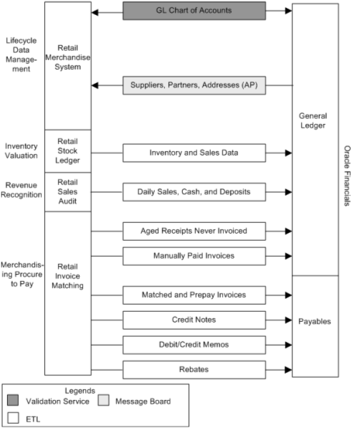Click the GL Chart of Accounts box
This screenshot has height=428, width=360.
(194, 11)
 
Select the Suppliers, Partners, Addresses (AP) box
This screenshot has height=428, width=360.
(194, 85)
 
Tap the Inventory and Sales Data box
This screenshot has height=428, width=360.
(194, 152)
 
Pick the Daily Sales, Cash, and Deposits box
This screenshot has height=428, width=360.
(194, 191)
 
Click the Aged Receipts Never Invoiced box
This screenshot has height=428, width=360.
(194, 231)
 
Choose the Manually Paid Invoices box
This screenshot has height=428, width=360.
(194, 255)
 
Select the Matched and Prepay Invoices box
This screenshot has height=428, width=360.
(194, 294)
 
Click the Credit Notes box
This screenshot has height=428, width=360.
(194, 319)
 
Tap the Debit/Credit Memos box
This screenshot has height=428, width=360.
(194, 344)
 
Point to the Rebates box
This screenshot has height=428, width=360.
(194, 369)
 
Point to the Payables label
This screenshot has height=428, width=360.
(315, 321)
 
